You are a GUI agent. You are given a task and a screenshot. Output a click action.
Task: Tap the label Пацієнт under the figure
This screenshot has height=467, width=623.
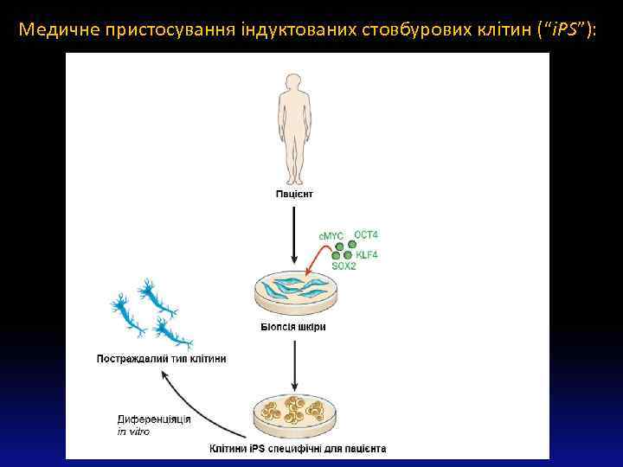pyautogui.click(x=295, y=194)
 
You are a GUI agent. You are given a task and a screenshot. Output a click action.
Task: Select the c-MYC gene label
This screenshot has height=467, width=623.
pyautogui.click(x=331, y=235)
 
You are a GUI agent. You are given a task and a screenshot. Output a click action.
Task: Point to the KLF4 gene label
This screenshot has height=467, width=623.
pyautogui.click(x=367, y=254)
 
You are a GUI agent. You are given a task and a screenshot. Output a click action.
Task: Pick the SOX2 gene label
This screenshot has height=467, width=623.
pyautogui.click(x=344, y=265)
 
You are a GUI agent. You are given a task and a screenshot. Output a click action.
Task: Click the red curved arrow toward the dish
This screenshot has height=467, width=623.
pyautogui.click(x=321, y=256)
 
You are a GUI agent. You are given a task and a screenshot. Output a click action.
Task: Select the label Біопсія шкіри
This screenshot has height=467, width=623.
pyautogui.click(x=293, y=327)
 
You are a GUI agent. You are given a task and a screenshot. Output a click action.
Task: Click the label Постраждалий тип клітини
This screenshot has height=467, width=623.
pyautogui.click(x=161, y=359)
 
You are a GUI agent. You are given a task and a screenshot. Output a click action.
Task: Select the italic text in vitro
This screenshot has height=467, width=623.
pyautogui.click(x=133, y=432)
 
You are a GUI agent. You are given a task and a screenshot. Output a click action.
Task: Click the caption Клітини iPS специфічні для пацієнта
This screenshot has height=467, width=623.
pyautogui.click(x=298, y=449)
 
